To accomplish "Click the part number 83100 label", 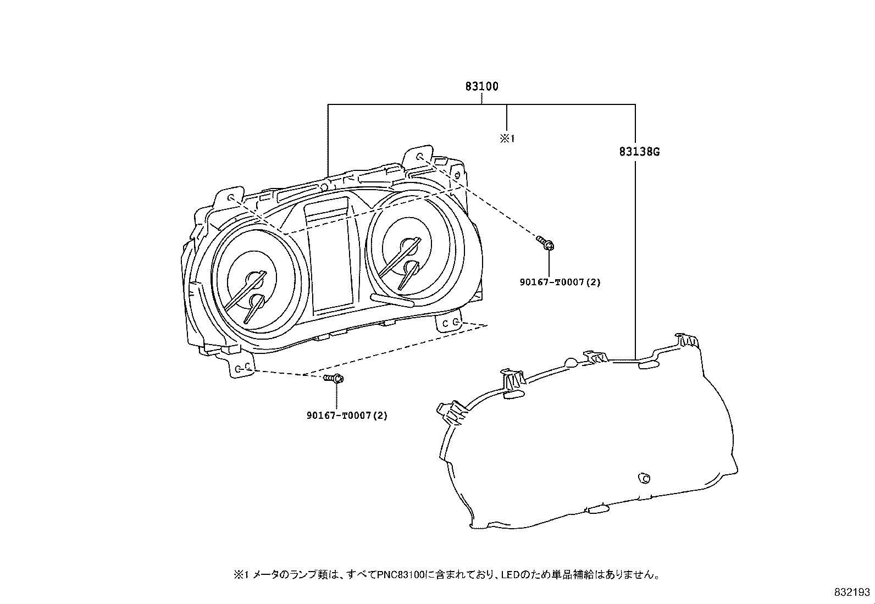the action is pyautogui.click(x=481, y=86).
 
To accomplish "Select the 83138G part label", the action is pyautogui.click(x=639, y=152).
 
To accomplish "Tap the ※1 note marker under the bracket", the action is pyautogui.click(x=507, y=138).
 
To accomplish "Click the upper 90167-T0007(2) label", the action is pyautogui.click(x=560, y=282).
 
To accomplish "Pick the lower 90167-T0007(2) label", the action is pyautogui.click(x=347, y=415).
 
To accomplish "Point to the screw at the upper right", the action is pyautogui.click(x=545, y=242).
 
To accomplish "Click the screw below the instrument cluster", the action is pyautogui.click(x=334, y=378).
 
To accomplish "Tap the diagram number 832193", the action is pyautogui.click(x=852, y=592).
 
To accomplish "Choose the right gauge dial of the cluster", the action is pyautogui.click(x=415, y=247).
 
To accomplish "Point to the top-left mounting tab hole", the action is pyautogui.click(x=230, y=197).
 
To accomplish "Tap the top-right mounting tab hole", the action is pyautogui.click(x=420, y=157).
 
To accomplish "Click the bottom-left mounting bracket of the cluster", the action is pyautogui.click(x=241, y=365).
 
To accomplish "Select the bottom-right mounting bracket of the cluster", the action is pyautogui.click(x=449, y=321).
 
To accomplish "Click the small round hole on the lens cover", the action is pyautogui.click(x=644, y=478).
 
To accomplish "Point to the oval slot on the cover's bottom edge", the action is pyautogui.click(x=598, y=509).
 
